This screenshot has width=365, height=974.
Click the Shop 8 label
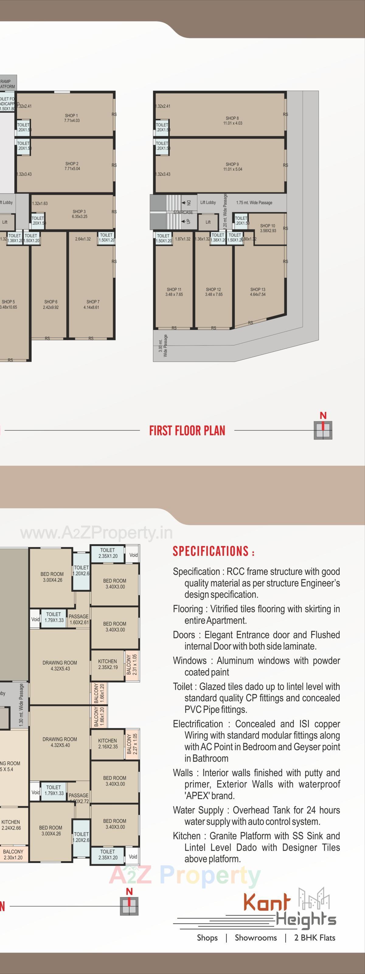coord(232,121)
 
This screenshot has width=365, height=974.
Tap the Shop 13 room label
coord(258,292)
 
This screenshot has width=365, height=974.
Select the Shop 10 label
coord(268,228)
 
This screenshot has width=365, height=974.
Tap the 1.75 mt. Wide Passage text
coord(254,203)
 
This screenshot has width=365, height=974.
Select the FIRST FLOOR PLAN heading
coord(187,430)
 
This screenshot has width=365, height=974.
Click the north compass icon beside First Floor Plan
coord(323,429)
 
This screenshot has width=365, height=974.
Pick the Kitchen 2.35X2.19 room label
coord(107,664)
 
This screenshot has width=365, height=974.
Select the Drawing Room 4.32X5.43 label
coord(60,665)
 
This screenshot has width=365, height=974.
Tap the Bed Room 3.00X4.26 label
coord(52,576)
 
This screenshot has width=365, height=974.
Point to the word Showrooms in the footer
coord(256,938)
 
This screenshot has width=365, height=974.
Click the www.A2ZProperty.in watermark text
coord(96,533)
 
